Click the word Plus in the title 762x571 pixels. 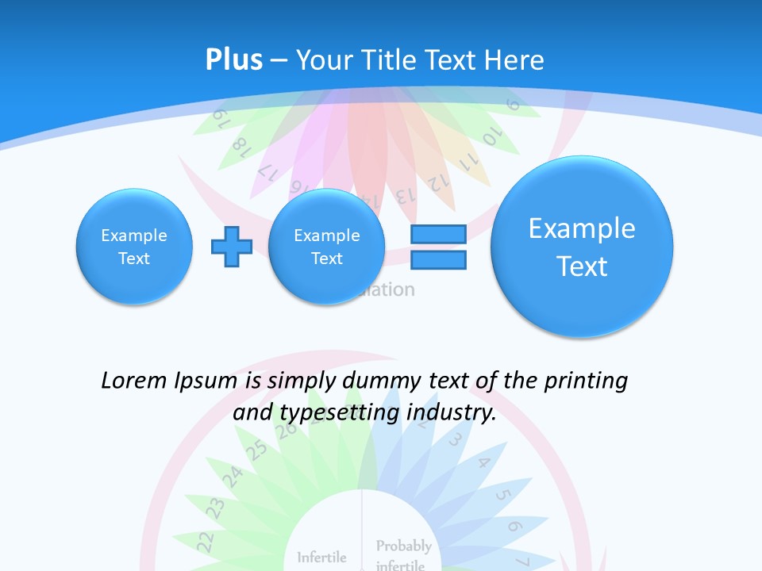[234, 60]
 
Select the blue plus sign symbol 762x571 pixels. [231, 247]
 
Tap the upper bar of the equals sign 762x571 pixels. [437, 235]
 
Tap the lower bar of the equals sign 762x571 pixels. [437, 259]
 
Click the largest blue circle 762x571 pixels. [582, 247]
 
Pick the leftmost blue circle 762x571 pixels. [134, 247]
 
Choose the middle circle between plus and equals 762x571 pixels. [327, 247]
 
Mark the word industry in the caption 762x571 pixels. [451, 412]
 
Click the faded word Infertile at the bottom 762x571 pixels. [321, 557]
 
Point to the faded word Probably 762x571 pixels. [403, 546]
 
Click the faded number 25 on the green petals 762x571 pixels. [256, 450]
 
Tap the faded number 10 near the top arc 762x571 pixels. [491, 136]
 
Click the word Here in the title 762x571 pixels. [515, 60]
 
